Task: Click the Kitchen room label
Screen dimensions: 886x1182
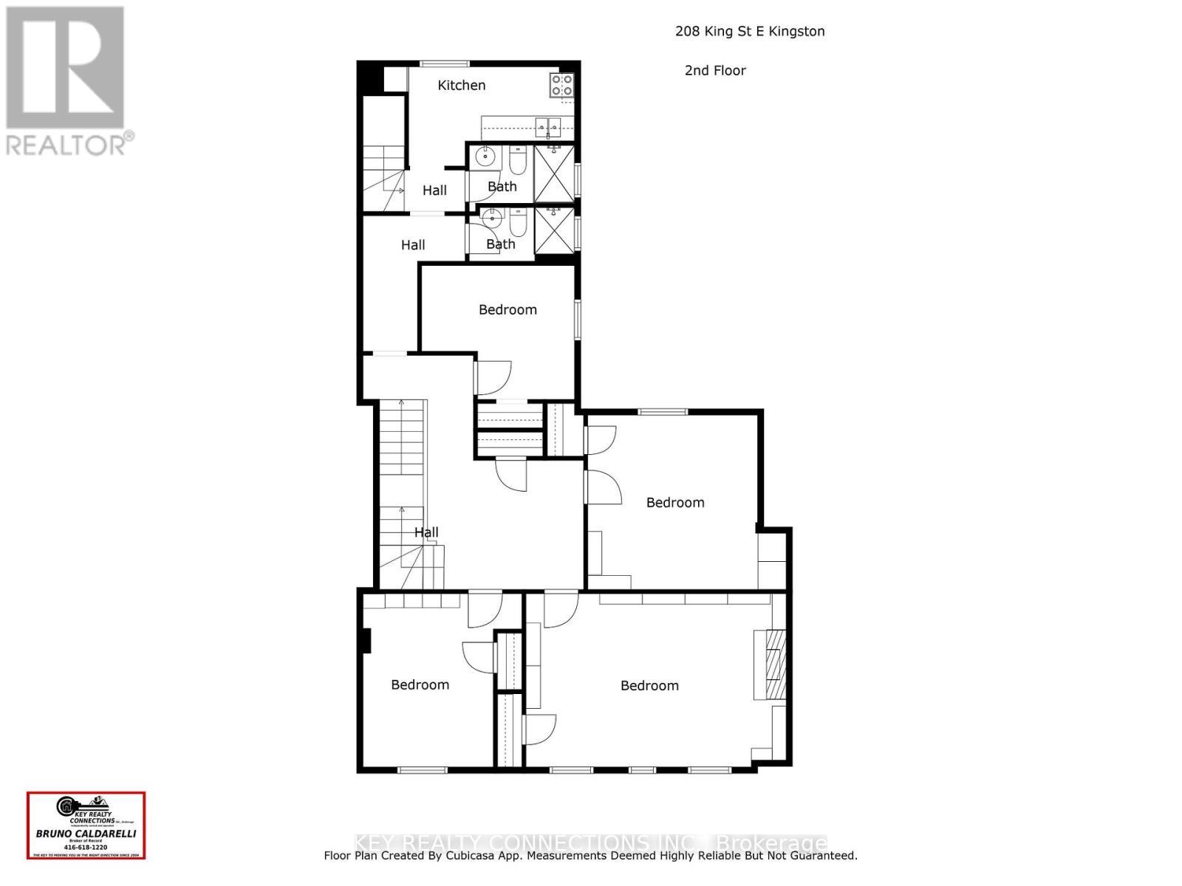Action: coord(461,86)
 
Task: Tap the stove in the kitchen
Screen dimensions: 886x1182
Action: coord(562,85)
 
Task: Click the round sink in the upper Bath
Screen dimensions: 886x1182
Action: coord(485,157)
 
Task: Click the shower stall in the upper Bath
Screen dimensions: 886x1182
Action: coord(554,174)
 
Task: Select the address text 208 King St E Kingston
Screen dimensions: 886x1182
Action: coord(750,31)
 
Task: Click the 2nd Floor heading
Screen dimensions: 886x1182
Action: coord(715,71)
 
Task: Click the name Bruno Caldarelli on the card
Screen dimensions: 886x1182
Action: coord(86,834)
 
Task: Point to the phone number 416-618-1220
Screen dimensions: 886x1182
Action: coord(86,847)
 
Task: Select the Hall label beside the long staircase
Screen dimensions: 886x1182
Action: coord(426,532)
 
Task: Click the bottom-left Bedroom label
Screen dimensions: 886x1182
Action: coord(420,685)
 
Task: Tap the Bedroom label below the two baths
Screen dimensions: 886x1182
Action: coord(508,310)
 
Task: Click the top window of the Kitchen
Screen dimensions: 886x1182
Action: coord(444,63)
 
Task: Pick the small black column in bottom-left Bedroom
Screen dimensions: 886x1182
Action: coord(366,640)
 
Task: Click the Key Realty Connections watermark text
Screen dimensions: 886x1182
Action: coord(591,842)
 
